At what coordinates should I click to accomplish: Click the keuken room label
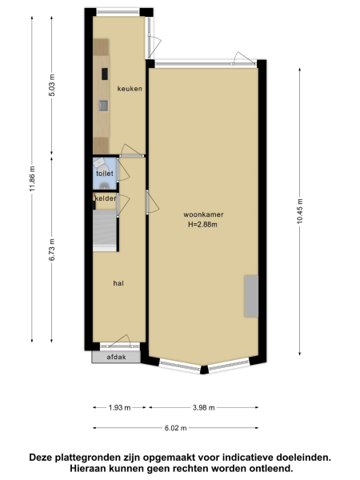[x=130, y=89]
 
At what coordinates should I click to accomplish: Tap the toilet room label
[x=104, y=173]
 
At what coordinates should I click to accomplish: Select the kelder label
[x=106, y=198]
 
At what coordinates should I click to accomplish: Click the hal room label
[x=118, y=282]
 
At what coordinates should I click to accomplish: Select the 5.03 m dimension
[x=52, y=84]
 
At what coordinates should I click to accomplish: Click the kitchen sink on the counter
[x=102, y=105]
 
